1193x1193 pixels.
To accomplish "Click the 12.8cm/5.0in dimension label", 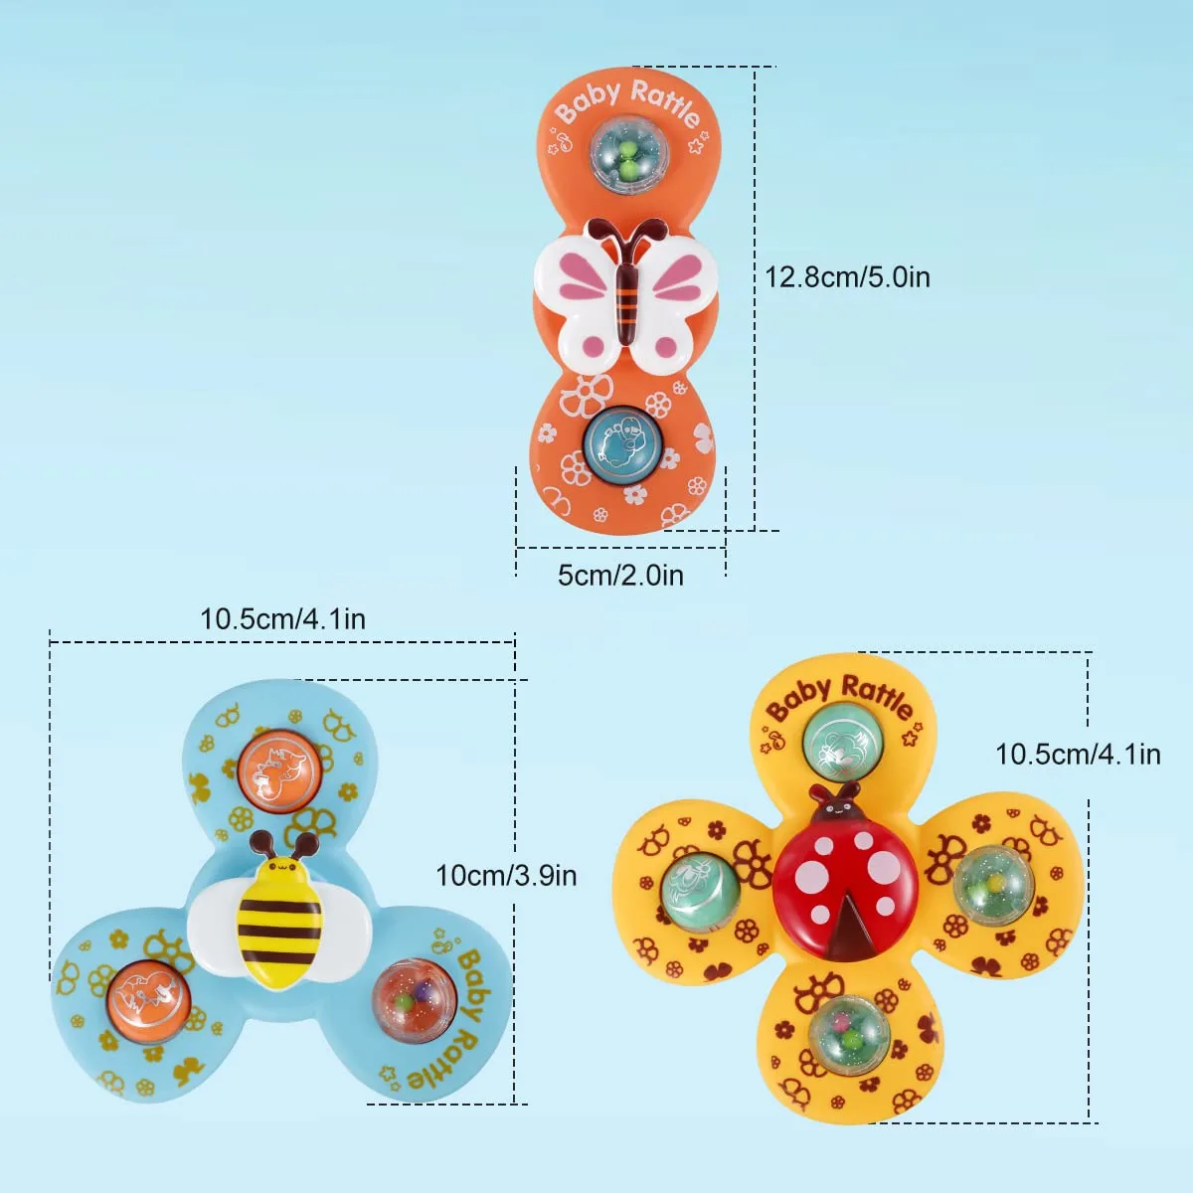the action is (848, 277).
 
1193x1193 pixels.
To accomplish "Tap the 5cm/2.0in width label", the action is (620, 576).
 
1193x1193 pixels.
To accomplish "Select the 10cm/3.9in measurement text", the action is (506, 876).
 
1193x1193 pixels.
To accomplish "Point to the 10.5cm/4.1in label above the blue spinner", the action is (283, 619).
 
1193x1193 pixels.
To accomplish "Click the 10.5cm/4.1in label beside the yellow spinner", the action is (1078, 755).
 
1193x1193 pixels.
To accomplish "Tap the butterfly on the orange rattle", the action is (625, 296).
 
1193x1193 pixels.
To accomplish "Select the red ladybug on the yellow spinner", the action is (845, 871).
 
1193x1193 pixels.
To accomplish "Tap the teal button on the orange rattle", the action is (622, 443).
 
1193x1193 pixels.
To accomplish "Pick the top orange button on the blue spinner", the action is (279, 771).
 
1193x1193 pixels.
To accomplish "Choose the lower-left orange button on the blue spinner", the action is (148, 1002).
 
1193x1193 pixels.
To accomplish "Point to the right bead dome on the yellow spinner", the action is (993, 886).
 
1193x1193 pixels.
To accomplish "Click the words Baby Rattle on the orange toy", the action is (628, 103).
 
